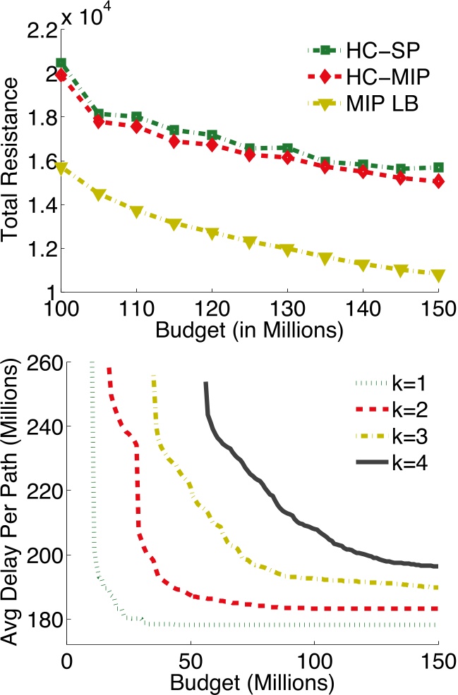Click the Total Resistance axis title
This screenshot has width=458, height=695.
pos(13,166)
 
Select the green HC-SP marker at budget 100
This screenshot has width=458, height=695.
pos(61,63)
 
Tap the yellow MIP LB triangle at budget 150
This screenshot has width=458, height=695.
pos(438,275)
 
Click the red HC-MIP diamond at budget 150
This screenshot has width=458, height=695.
pos(438,181)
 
